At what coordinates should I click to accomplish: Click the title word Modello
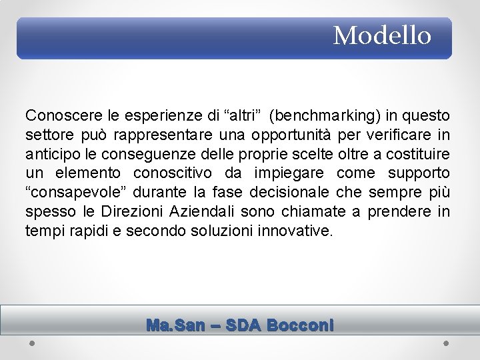coord(382,35)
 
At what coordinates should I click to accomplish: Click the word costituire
coord(417,154)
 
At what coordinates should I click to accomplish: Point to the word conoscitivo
coord(175,173)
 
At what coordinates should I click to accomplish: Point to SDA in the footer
coord(243,325)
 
